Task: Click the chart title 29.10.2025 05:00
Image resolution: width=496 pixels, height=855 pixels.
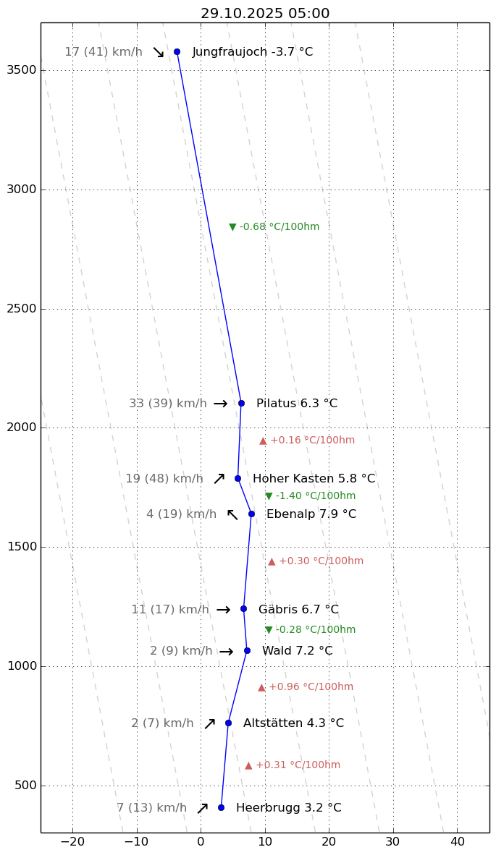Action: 265,14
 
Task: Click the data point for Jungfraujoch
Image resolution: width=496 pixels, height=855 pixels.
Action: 177,51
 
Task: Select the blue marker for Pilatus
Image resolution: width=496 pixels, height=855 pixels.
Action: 241,403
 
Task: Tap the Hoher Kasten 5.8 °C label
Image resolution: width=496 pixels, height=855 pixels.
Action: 314,479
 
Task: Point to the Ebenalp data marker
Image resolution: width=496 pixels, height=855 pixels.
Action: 251,514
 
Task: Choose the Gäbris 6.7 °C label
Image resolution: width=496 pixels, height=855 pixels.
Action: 298,610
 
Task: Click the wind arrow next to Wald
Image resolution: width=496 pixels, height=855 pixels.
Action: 227,652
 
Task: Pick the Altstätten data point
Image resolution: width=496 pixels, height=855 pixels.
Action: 228,723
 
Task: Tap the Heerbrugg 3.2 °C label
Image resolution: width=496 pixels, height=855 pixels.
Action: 288,808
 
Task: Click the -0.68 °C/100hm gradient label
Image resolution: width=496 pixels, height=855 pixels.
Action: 274,227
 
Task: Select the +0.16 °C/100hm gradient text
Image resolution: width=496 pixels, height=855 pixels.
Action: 308,441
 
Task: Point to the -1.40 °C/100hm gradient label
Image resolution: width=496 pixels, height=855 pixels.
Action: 311,496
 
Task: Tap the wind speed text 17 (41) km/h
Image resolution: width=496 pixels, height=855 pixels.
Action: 104,52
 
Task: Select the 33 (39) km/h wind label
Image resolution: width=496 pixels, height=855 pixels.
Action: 168,404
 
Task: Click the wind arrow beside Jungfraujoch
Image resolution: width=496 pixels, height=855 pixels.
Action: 159,52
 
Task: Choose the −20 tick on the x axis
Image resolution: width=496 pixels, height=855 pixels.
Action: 72,842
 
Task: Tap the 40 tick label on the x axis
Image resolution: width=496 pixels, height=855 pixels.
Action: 458,842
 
